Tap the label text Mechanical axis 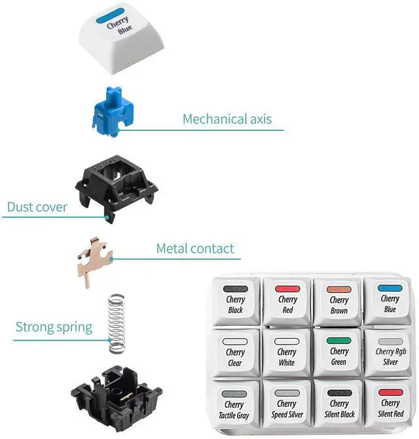[x=227, y=119]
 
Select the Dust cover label [x=37, y=207]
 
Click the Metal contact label [x=194, y=249]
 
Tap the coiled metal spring [x=115, y=318]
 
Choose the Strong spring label [x=54, y=326]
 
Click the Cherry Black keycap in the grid [x=235, y=299]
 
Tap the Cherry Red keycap [x=287, y=299]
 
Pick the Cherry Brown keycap [x=338, y=300]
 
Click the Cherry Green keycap [x=338, y=352]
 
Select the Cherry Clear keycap [x=235, y=352]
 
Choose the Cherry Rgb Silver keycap [x=390, y=352]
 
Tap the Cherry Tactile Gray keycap [x=235, y=404]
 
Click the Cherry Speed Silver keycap [x=287, y=404]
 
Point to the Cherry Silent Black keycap [x=338, y=404]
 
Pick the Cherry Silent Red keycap [x=390, y=404]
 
